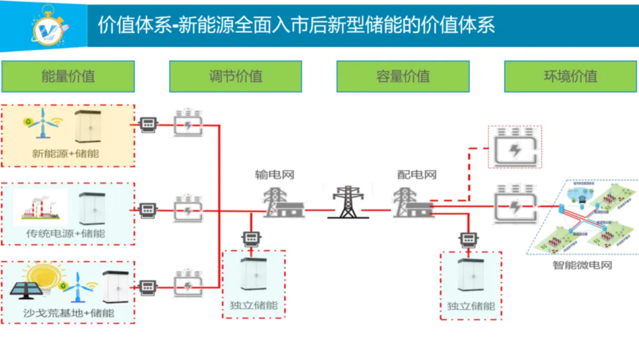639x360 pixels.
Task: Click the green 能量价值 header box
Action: click(68, 76)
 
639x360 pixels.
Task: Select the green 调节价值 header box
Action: click(235, 76)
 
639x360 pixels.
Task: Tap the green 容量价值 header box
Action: click(403, 76)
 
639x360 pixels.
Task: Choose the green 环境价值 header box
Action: click(570, 76)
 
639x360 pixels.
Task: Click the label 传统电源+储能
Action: click(66, 233)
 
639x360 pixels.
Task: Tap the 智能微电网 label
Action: click(582, 265)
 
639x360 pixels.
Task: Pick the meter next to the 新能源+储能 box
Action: click(148, 124)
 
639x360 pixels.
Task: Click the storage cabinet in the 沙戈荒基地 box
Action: click(115, 287)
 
